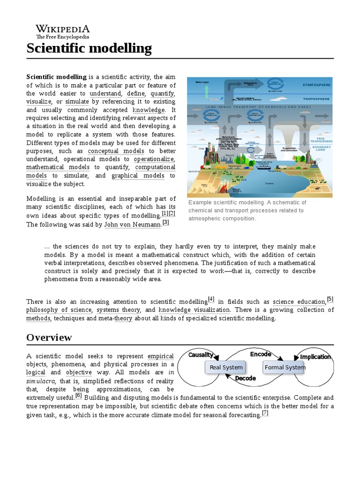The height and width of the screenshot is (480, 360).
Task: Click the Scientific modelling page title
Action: (89, 48)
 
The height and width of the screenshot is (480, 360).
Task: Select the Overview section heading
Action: (49, 337)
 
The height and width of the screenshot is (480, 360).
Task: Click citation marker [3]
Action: (165, 223)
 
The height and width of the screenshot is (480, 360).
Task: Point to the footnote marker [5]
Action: (330, 300)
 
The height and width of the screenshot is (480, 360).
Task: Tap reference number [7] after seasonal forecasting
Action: (265, 413)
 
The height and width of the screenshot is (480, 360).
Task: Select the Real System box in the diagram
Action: (226, 367)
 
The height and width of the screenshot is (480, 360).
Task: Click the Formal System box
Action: (285, 367)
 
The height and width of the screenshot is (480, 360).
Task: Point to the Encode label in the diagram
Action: (261, 354)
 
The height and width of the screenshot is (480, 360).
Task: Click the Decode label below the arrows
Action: (245, 378)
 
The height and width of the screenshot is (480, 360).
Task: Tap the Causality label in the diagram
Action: (201, 355)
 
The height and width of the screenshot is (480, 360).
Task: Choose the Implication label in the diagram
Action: (315, 357)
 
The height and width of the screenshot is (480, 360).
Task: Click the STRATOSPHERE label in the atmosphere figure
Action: (316, 85)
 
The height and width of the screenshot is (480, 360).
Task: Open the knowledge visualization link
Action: (194, 310)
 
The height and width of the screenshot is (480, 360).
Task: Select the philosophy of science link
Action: (59, 310)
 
